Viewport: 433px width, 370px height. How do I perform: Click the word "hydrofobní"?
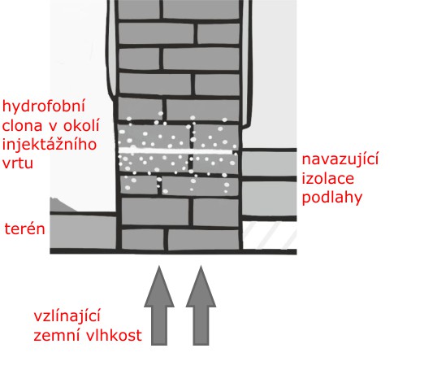[x=43, y=107]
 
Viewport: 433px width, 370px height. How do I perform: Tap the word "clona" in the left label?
[x=22, y=125]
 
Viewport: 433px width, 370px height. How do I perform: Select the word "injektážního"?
[x=50, y=145]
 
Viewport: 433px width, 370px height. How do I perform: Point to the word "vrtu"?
[x=18, y=163]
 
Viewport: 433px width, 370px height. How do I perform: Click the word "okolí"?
[x=81, y=125]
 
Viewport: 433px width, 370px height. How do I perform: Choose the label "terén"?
[x=24, y=229]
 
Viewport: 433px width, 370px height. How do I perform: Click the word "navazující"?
[x=340, y=160]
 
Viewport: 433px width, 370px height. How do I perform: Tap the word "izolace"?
[x=327, y=179]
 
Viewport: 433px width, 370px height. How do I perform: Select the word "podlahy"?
[x=332, y=198]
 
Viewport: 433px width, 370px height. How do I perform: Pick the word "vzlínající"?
[x=67, y=316]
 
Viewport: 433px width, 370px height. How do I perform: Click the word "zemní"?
[x=57, y=336]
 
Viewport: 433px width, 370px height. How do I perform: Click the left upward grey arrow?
[x=159, y=307]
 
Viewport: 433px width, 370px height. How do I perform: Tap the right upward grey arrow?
[x=201, y=307]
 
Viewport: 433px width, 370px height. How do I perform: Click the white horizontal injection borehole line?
[x=175, y=151]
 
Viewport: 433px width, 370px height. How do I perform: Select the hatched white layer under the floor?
[x=270, y=235]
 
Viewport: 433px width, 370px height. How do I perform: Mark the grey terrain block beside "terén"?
[x=83, y=232]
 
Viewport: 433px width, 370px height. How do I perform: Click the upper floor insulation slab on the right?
[x=269, y=163]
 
